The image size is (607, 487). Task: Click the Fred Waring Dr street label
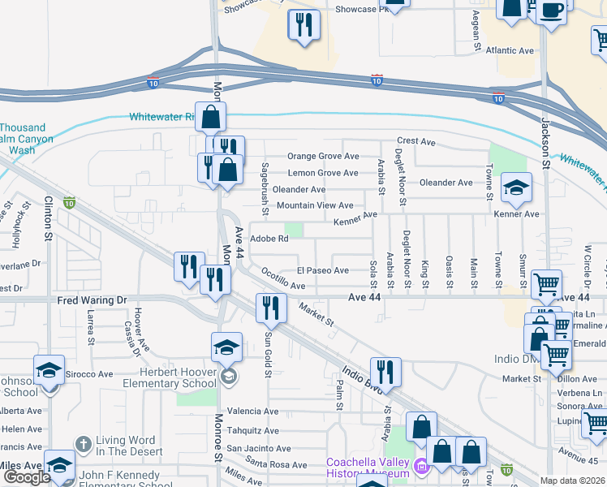93,300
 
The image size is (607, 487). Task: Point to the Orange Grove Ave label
323,157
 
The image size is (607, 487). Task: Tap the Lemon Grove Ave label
323,173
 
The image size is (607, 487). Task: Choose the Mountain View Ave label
315,206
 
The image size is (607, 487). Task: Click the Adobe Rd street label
269,239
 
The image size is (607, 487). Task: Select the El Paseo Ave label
322,270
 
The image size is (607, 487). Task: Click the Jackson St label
546,129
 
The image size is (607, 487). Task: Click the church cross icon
83,444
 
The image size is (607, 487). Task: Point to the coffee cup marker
552,11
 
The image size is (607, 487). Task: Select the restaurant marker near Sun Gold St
269,308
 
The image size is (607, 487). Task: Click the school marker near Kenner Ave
516,189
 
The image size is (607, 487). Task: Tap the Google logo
27,477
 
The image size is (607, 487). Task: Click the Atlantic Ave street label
510,50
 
